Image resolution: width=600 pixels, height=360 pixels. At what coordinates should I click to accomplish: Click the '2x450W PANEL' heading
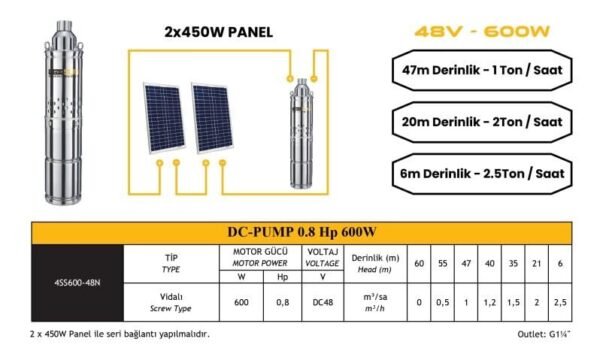217,31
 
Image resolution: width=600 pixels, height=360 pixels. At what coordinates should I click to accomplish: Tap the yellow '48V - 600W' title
481,31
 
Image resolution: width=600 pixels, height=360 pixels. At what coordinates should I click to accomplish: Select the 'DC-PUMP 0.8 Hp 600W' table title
300,233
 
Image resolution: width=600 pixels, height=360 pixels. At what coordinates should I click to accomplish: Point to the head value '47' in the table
466,263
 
